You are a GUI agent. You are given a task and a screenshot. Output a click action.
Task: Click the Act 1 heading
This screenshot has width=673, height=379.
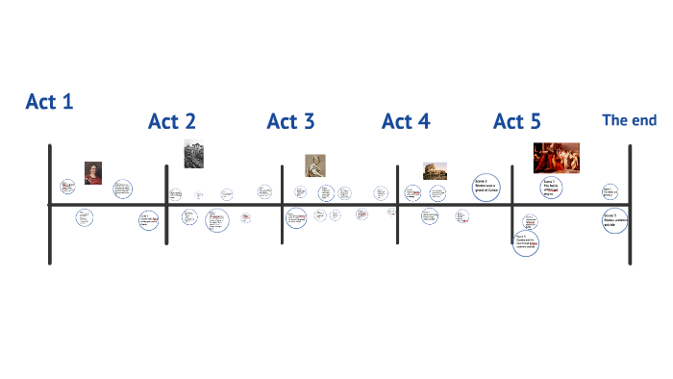[x=49, y=102]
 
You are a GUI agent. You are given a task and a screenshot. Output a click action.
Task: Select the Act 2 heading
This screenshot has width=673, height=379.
[x=172, y=122]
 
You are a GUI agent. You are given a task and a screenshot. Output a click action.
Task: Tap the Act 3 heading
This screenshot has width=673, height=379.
[x=290, y=122]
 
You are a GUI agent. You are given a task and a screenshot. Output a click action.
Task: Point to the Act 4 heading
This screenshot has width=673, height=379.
[x=406, y=122]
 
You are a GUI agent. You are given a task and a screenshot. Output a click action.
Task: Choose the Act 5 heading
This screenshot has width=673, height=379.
[x=517, y=122]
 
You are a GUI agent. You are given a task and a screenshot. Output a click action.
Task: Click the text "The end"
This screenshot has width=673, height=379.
[x=629, y=120]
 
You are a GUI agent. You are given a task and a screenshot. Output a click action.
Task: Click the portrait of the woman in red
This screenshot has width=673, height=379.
[x=93, y=173]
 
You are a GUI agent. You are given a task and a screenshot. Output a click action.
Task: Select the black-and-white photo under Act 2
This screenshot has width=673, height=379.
[x=193, y=154]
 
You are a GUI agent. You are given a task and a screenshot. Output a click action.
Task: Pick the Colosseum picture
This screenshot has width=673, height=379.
[x=435, y=170]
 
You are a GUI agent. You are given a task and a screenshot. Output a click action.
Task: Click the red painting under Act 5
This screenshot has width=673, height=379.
[x=557, y=157]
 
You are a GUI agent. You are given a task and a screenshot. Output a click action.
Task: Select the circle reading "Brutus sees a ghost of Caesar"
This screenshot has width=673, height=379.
[x=486, y=185]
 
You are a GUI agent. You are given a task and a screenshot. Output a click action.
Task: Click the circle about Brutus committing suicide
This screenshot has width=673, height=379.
[x=615, y=220]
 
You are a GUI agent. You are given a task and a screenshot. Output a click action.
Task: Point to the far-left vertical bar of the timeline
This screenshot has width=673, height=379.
[x=49, y=204]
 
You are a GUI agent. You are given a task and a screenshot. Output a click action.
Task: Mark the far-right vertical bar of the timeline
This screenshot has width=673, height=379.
[x=631, y=204]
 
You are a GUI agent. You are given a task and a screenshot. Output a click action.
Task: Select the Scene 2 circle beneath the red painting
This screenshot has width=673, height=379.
[x=551, y=188]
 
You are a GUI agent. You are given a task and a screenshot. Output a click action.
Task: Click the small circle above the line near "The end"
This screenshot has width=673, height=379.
[x=610, y=191]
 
